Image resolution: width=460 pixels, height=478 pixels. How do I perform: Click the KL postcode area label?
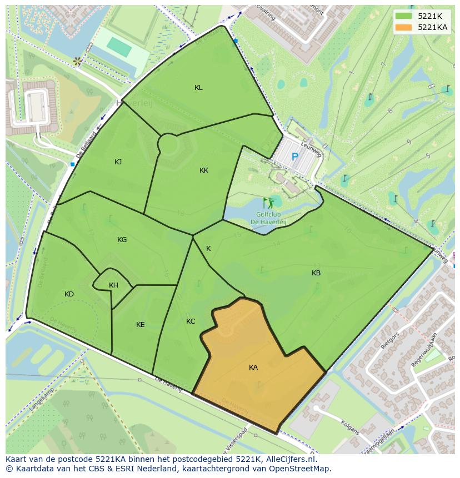click(198, 88)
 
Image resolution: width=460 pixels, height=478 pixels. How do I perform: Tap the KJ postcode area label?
click(118, 162)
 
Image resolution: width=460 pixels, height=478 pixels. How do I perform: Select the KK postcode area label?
click(204, 170)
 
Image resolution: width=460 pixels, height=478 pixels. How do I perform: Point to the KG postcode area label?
click(122, 240)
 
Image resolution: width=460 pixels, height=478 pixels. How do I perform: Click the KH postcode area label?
click(113, 285)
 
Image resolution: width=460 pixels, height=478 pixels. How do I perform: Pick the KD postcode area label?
click(69, 294)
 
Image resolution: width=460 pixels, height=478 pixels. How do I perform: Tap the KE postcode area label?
click(141, 325)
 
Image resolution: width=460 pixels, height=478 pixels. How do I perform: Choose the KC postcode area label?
click(191, 321)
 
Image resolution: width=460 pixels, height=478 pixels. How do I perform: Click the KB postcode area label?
click(316, 273)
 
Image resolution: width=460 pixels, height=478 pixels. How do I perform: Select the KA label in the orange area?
click(253, 368)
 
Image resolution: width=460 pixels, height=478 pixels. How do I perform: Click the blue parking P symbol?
click(295, 157)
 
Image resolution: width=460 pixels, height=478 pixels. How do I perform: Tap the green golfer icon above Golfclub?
click(268, 203)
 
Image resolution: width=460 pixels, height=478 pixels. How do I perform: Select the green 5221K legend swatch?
click(403, 16)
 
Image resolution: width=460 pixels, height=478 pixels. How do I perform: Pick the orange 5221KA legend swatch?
click(403, 27)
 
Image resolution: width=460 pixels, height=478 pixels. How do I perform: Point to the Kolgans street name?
click(351, 428)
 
